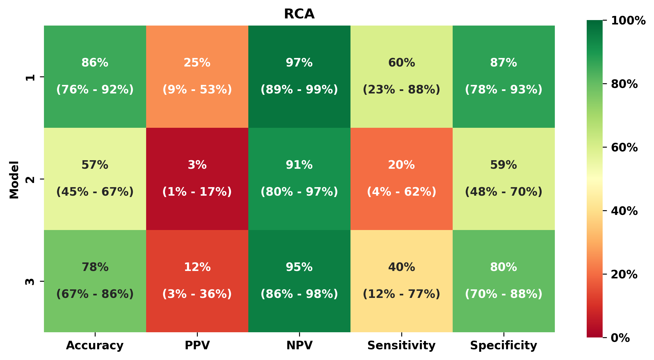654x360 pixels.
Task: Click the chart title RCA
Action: pyautogui.click(x=299, y=14)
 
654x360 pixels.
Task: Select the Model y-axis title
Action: pyautogui.click(x=14, y=180)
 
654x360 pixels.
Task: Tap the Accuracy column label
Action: pyautogui.click(x=95, y=345)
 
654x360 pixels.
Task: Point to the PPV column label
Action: pyautogui.click(x=197, y=345)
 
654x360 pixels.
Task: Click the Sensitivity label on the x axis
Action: pyautogui.click(x=401, y=345)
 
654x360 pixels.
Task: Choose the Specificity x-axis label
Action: pyautogui.click(x=503, y=345)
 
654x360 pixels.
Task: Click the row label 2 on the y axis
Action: pyautogui.click(x=30, y=179)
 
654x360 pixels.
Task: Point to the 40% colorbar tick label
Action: pyautogui.click(x=624, y=211)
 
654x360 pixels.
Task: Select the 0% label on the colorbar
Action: pyautogui.click(x=620, y=338)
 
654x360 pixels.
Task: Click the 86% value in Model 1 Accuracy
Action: pyautogui.click(x=95, y=63)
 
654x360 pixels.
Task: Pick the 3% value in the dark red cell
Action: pyautogui.click(x=197, y=165)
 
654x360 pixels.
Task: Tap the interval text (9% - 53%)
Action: pyautogui.click(x=197, y=90)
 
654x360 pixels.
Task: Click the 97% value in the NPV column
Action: pyautogui.click(x=299, y=63)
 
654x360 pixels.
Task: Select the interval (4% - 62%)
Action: pyautogui.click(x=401, y=192)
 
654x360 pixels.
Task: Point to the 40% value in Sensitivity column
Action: pyautogui.click(x=401, y=267)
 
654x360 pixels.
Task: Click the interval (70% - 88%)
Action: pyautogui.click(x=503, y=294)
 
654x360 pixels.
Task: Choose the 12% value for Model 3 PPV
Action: pyautogui.click(x=197, y=267)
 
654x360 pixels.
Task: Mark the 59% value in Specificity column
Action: pyautogui.click(x=503, y=165)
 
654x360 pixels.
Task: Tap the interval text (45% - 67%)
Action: pyautogui.click(x=95, y=192)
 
